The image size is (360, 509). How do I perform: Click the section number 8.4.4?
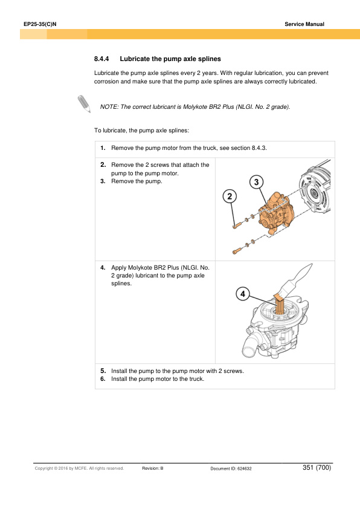[101, 59]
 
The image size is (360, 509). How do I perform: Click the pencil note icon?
[84, 104]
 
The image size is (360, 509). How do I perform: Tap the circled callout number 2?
[230, 196]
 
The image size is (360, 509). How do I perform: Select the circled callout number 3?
[256, 182]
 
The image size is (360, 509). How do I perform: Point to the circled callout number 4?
[243, 294]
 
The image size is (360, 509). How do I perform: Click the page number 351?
[308, 467]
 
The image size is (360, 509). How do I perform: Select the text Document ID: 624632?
[231, 468]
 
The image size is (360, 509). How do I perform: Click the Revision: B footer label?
[153, 468]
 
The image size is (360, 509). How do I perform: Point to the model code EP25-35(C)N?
[40, 24]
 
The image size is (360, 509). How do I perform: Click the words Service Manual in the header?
[304, 24]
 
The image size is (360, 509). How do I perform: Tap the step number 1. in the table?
[103, 148]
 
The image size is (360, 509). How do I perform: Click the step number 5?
[103, 371]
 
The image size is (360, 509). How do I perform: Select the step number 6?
[103, 379]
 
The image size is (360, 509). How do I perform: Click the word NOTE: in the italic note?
[109, 107]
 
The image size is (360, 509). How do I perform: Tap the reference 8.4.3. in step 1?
[259, 148]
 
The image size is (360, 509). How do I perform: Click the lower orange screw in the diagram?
[236, 251]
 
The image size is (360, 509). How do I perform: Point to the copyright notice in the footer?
[80, 468]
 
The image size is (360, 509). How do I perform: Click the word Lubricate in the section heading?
[135, 59]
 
